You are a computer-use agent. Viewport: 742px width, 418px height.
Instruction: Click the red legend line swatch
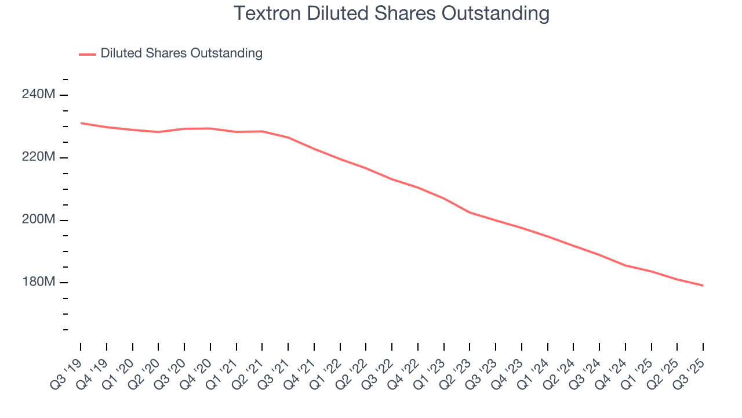87,54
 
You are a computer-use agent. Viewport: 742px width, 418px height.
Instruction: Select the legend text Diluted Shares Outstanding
181,53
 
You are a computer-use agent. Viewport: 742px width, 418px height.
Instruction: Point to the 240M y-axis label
39,95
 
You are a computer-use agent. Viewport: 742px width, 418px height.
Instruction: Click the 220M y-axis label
39,157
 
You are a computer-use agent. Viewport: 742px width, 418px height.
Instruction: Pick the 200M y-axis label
39,220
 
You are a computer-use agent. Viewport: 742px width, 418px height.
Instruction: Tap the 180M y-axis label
39,283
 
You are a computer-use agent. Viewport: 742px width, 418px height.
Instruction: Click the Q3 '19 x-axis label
67,369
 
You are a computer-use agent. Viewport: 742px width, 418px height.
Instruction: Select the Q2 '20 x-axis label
145,369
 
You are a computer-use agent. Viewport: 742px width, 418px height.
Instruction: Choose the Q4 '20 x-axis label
197,369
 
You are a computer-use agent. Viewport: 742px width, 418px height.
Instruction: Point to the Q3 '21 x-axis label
275,369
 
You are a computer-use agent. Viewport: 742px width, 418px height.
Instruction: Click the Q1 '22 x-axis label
327,369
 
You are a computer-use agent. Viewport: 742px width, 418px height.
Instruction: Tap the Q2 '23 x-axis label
457,369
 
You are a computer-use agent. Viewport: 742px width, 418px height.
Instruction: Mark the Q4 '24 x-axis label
612,369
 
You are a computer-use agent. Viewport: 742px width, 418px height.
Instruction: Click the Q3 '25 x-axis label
690,369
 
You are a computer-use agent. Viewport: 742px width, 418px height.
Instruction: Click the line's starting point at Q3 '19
81,123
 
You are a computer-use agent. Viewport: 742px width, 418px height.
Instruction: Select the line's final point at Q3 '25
703,286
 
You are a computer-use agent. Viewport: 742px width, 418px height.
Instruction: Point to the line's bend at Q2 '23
470,212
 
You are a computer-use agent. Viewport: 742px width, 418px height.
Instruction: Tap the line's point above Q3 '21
288,138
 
